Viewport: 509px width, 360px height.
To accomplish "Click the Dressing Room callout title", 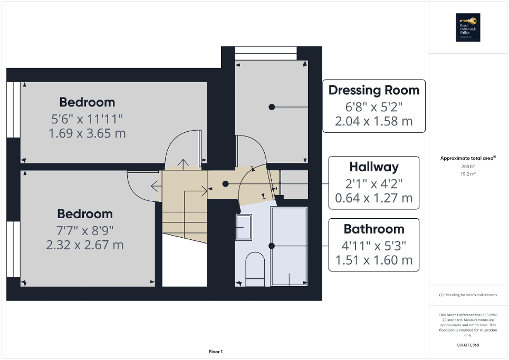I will [373, 90].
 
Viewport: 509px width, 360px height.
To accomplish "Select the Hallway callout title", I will [373, 167].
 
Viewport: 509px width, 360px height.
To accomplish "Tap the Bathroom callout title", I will [373, 229].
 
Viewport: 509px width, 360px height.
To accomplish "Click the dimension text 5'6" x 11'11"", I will [87, 118].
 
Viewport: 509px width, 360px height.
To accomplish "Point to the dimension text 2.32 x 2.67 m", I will [85, 245].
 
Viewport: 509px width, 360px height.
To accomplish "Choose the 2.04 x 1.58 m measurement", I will [373, 121].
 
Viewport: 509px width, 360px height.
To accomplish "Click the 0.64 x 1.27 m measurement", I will [373, 199].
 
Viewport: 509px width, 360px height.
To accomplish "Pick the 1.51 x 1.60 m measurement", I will [373, 260].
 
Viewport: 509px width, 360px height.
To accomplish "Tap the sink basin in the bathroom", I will [244, 227].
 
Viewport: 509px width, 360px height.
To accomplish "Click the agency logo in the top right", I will [467, 27].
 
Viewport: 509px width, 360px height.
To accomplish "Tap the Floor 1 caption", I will [215, 352].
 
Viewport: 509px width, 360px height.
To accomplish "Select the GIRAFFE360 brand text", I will [467, 345].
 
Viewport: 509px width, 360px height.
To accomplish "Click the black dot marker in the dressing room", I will [272, 106].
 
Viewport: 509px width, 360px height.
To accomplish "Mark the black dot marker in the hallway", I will [225, 184].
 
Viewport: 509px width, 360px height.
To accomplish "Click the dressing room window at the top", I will [265, 53].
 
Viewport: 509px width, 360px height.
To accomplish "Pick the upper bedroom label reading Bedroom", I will [87, 102].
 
